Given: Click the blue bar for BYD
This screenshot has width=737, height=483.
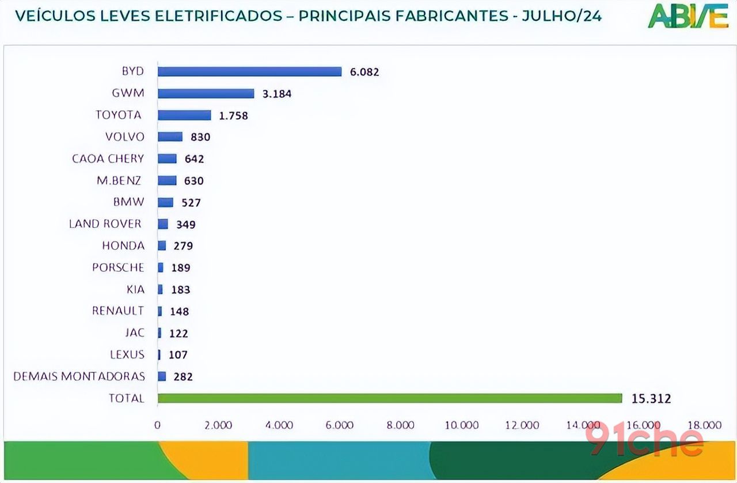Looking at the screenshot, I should click(x=249, y=71).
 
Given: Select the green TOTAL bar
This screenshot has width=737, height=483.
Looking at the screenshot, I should click(x=389, y=398).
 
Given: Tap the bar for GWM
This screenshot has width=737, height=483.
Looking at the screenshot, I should click(x=206, y=93).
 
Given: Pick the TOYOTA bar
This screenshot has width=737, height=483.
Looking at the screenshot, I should click(x=184, y=115).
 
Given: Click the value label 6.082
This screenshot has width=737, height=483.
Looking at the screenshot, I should click(x=364, y=72).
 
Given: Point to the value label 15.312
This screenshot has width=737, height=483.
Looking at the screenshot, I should click(x=652, y=398).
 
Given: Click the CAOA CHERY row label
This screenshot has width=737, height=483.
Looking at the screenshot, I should click(x=108, y=159).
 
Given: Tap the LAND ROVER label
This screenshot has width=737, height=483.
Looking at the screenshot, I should click(x=105, y=224).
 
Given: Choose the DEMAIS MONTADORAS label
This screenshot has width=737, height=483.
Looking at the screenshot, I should click(x=79, y=376).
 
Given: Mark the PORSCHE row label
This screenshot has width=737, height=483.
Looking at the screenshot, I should click(x=118, y=267).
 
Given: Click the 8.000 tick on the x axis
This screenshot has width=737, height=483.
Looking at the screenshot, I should click(x=400, y=425).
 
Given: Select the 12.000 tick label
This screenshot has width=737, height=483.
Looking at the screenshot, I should click(x=522, y=425).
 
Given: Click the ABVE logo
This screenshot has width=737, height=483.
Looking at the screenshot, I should click(x=688, y=16).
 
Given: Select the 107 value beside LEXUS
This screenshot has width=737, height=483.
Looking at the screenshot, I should click(x=178, y=355).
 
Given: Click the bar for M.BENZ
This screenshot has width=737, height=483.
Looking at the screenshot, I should click(x=167, y=180).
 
